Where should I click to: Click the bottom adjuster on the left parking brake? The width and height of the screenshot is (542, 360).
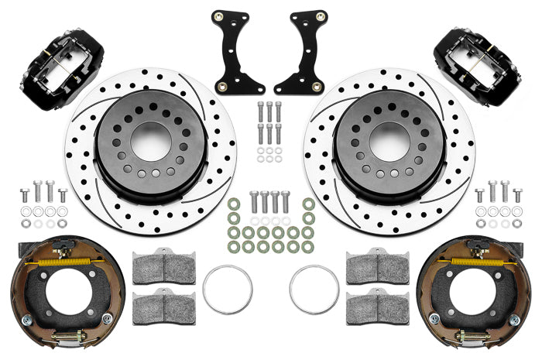(70, 338)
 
